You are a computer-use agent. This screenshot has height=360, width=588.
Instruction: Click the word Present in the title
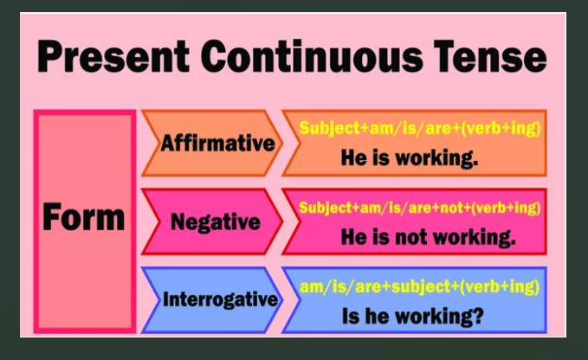point(113,56)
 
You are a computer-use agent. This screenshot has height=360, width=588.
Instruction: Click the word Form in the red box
point(84,217)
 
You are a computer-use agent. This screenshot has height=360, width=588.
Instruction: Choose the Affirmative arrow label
point(218,143)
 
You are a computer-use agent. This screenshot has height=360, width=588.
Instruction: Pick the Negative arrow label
point(216,222)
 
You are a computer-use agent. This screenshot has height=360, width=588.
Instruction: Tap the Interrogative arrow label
point(221,299)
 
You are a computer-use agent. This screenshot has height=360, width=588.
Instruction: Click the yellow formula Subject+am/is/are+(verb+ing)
point(420,128)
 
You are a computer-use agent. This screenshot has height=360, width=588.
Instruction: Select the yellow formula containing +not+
point(420,208)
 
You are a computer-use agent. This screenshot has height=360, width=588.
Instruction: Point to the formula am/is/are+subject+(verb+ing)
point(420,287)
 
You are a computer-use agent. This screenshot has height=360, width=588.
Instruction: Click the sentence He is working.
point(410,157)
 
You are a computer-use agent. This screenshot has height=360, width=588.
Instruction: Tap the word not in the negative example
point(411,237)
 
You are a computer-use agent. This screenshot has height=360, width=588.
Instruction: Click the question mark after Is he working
point(476,315)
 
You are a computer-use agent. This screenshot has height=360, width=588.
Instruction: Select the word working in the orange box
point(436,157)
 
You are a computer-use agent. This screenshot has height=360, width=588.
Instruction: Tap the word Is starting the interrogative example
point(350,316)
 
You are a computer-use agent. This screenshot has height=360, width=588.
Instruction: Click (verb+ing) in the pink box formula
point(506,208)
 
